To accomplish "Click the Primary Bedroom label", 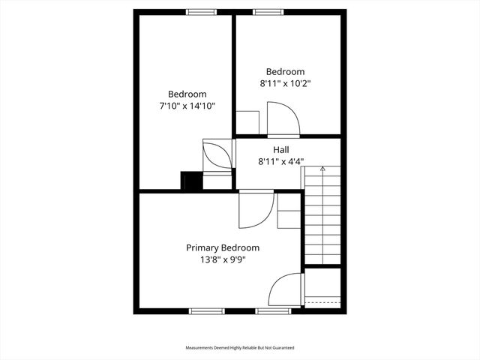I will point(223,247).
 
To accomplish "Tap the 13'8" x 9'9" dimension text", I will point(223,259).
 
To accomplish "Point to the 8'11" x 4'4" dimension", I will point(281,160).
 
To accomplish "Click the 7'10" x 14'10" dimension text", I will point(187,106).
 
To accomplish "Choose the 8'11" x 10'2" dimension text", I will point(285,83).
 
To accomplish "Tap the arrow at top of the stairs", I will point(322,169).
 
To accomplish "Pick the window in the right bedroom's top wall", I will point(265,11).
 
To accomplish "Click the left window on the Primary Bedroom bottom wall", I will point(206,310).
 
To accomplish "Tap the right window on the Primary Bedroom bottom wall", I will point(273,310).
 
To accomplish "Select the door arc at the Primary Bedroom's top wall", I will point(249,211).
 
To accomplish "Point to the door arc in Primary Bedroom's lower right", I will point(286,289).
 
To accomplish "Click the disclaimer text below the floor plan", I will point(240,348).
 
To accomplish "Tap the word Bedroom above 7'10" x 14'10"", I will point(187,94).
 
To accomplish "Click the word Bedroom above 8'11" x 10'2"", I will point(285,71).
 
